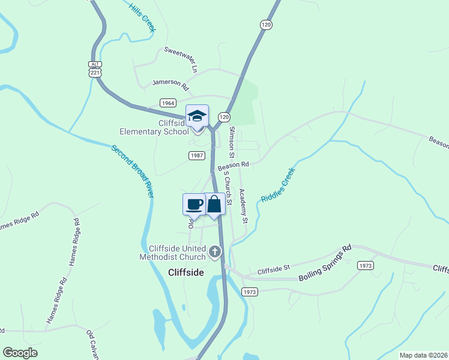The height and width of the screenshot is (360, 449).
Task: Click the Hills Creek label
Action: pos(142,17)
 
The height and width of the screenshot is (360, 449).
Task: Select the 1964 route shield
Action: pos(168,103)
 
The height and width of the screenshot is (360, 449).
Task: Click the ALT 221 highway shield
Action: pos(95,68)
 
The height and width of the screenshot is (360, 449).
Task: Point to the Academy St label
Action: pos(243,206)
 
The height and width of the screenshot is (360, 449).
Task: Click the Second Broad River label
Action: pos(133,172)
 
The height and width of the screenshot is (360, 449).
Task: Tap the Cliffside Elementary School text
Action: pos(154,127)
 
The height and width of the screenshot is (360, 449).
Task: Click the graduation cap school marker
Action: pos(197,116)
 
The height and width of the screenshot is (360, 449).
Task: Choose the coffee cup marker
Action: pos(194,204)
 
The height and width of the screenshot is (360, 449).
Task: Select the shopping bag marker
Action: pos(214,204)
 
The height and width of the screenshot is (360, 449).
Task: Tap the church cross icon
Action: pos(215,252)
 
